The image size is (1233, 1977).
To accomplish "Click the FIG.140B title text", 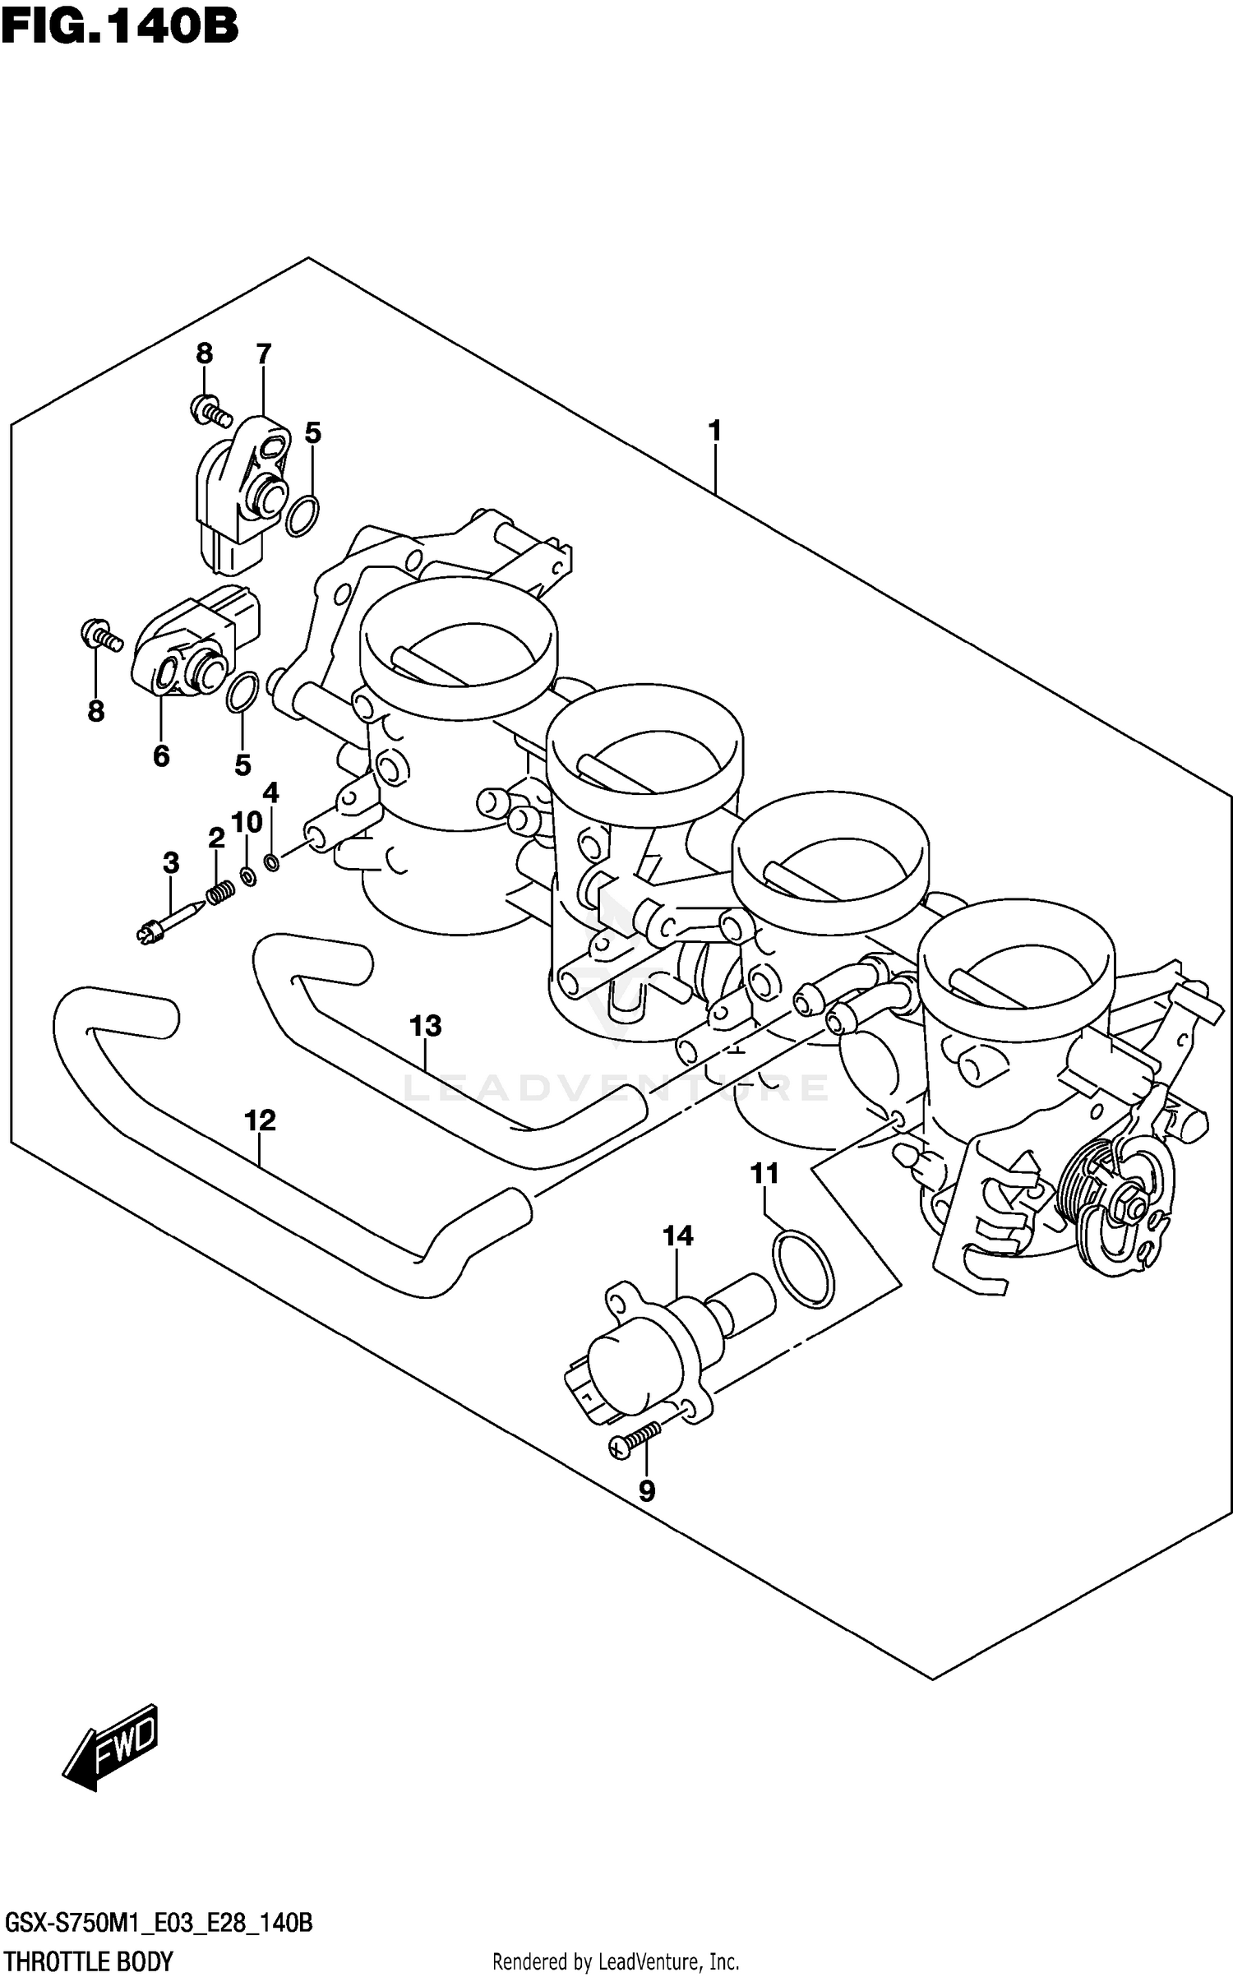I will click(x=120, y=26).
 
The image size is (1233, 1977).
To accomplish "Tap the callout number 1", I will click(x=714, y=430).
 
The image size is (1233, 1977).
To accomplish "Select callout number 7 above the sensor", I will click(x=263, y=354).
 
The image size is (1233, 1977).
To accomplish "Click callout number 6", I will click(x=161, y=755).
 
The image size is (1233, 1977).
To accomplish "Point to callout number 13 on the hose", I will click(x=426, y=1026).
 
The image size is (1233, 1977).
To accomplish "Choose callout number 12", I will click(x=260, y=1120).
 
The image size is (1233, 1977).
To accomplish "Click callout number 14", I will click(x=678, y=1236).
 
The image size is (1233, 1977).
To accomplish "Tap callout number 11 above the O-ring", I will click(x=764, y=1174).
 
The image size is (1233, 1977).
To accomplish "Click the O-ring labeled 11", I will click(x=803, y=1268).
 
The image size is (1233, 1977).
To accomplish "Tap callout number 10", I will click(x=247, y=822).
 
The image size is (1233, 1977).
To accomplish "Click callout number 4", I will click(x=270, y=793).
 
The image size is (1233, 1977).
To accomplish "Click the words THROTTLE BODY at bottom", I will click(x=89, y=1961).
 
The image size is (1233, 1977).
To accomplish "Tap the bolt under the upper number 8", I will click(x=212, y=410).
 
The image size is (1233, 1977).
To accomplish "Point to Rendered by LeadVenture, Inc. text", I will click(x=616, y=1962).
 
